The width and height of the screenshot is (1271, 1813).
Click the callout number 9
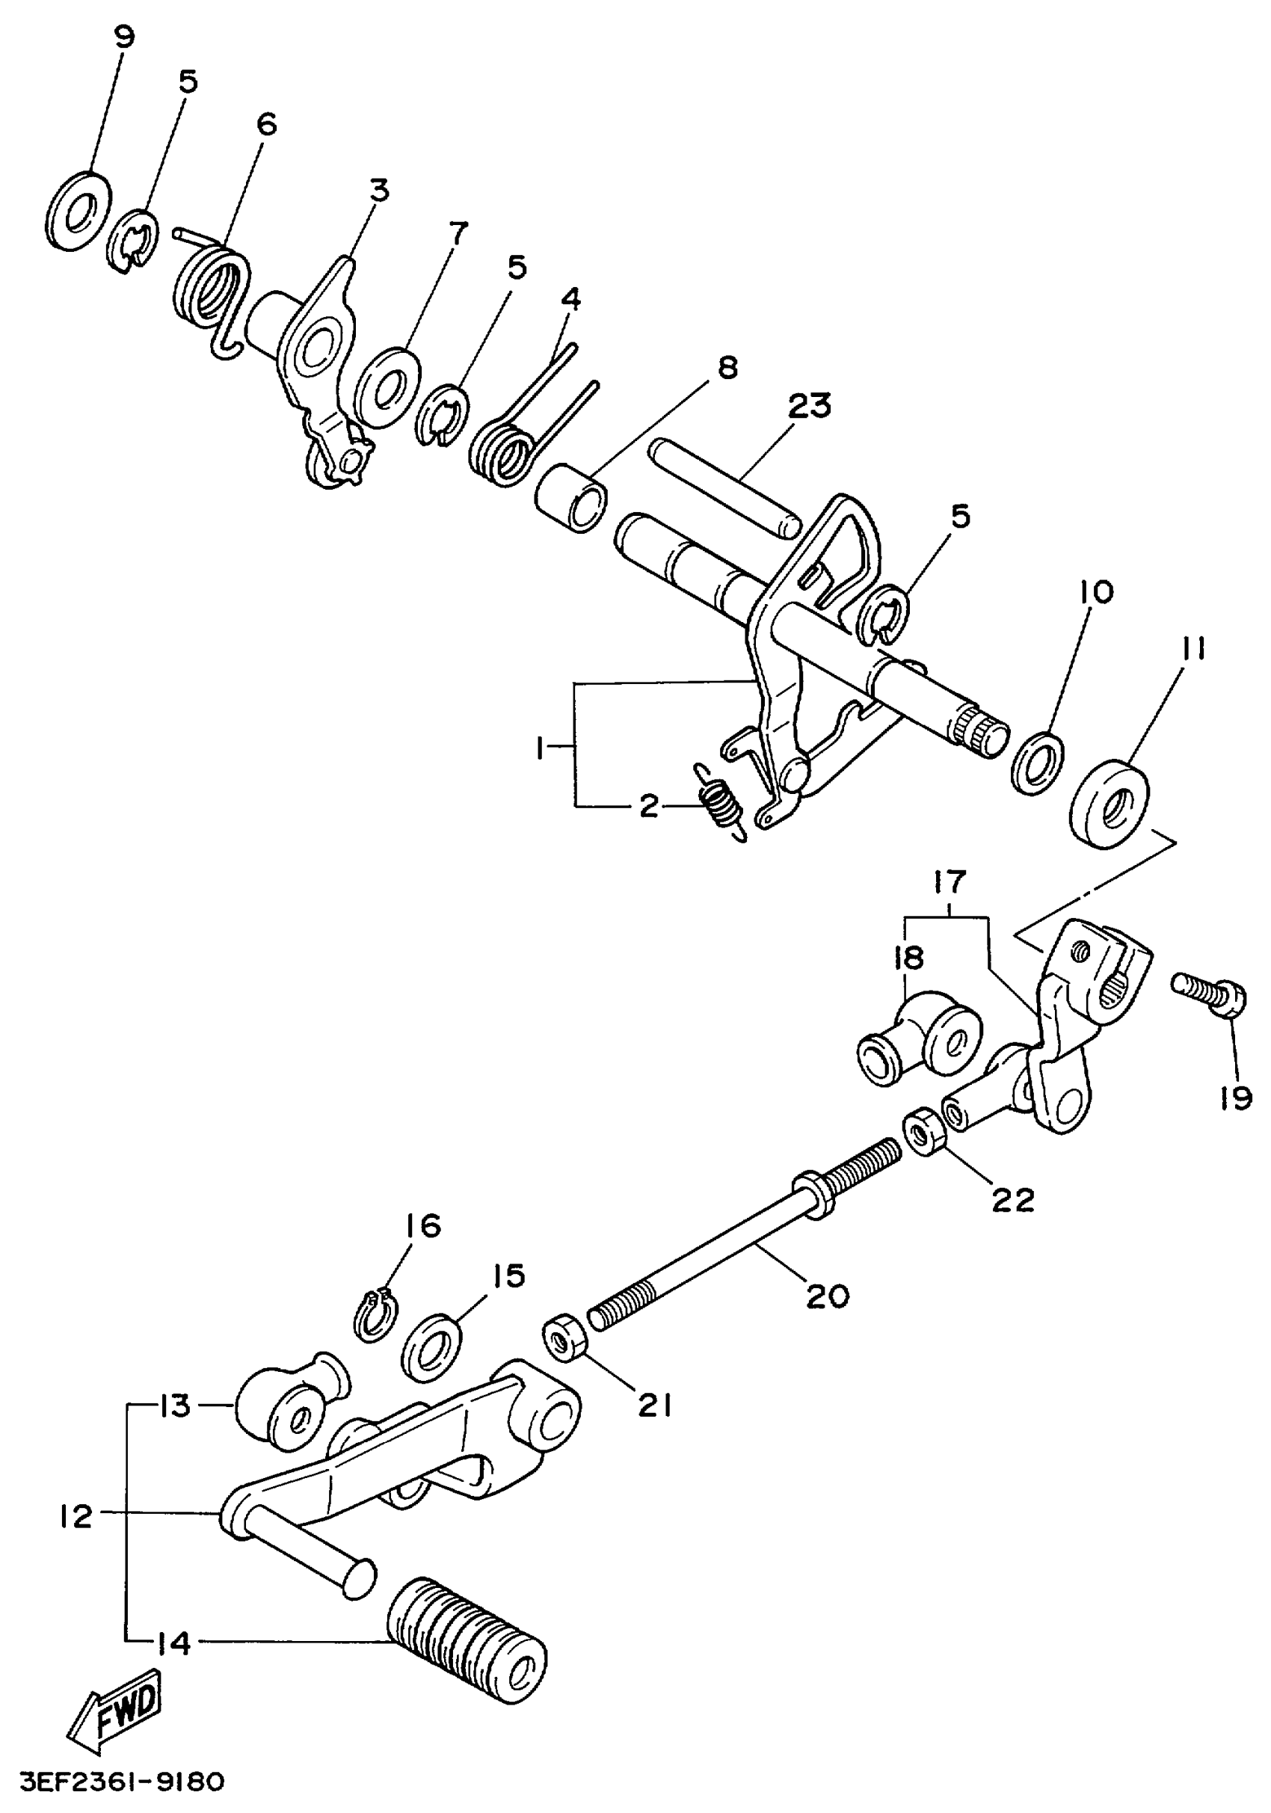pyautogui.click(x=124, y=37)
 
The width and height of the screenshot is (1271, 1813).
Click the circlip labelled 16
pyautogui.click(x=376, y=1313)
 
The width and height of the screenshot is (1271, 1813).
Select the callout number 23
pyautogui.click(x=810, y=406)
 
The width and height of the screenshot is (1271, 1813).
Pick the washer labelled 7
pyautogui.click(x=387, y=388)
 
